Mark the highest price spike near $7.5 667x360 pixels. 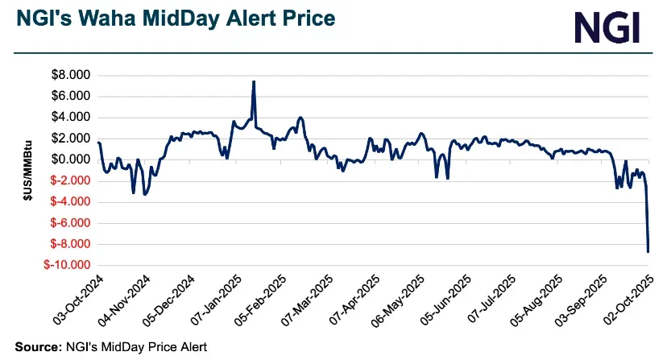point(254,82)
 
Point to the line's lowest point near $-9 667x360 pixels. point(648,252)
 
